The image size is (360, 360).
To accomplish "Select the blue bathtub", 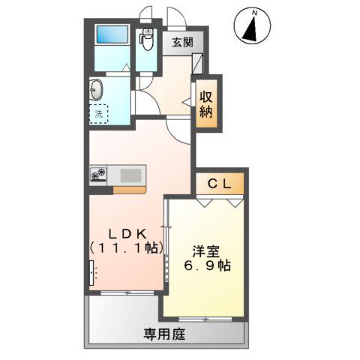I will pyautogui.click(x=112, y=35).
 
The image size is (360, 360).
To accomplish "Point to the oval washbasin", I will pyautogui.click(x=95, y=90).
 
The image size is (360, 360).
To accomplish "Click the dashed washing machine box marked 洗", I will pyautogui.click(x=99, y=113).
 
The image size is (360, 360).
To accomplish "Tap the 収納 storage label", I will pyautogui.click(x=205, y=104).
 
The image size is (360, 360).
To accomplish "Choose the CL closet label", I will pyautogui.click(x=220, y=183).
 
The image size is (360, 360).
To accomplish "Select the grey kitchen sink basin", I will pyautogui.click(x=130, y=175).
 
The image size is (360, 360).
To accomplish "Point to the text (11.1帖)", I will pyautogui.click(x=125, y=246).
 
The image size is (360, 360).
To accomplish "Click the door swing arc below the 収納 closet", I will pyautogui.click(x=178, y=129).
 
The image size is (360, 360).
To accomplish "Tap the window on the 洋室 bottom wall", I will pyautogui.click(x=204, y=319).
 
